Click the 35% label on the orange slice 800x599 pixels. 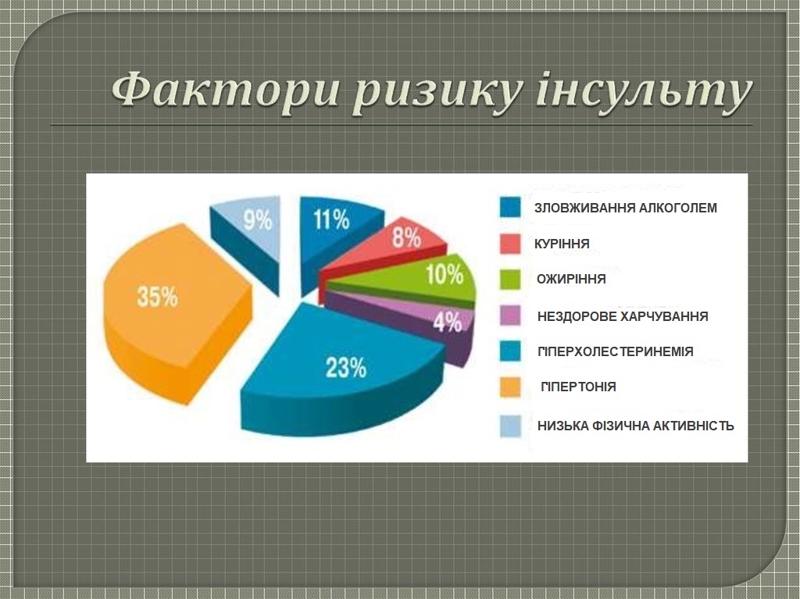click(157, 297)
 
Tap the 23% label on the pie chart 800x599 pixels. click(346, 367)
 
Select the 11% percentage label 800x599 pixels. click(331, 219)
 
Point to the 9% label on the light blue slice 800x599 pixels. click(257, 220)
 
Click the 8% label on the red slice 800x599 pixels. click(406, 237)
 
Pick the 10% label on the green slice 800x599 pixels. click(445, 274)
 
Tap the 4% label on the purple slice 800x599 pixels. click(448, 322)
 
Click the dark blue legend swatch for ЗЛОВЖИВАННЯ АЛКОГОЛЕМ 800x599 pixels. click(510, 207)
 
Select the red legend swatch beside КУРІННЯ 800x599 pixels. click(510, 244)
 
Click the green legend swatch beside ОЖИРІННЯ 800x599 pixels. click(510, 279)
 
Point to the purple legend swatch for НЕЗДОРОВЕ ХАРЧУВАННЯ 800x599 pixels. click(510, 316)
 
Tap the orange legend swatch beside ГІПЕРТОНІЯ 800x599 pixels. click(510, 387)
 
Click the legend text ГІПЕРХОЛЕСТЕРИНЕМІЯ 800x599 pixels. click(616, 351)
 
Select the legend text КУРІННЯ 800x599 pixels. click(562, 244)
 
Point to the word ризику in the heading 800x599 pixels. click(437, 94)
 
